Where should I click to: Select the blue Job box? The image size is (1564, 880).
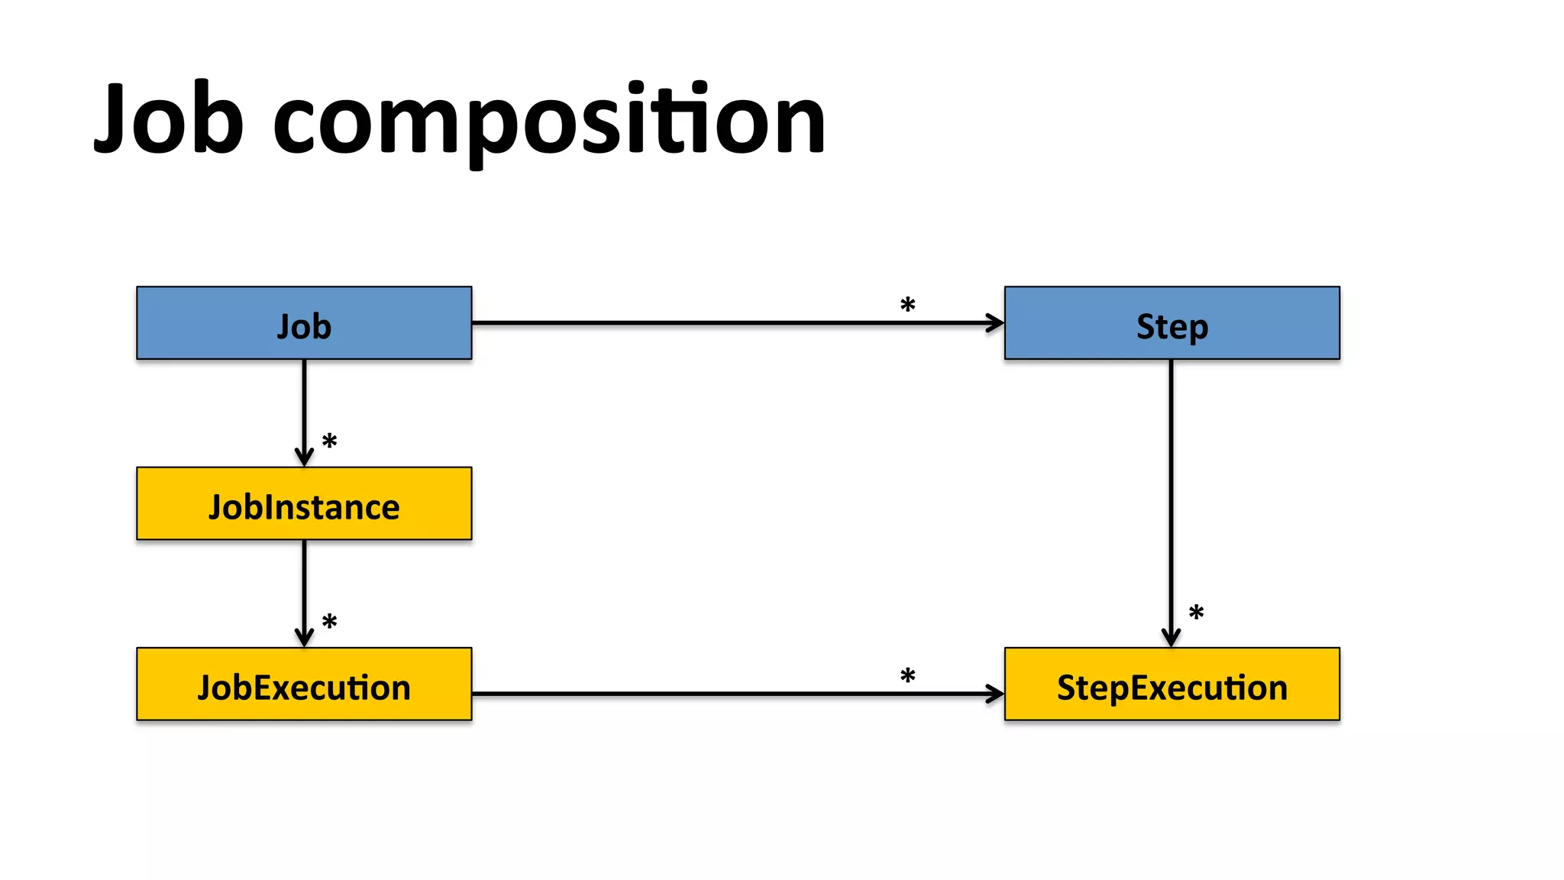click(304, 324)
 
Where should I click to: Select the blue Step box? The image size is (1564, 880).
click(1171, 324)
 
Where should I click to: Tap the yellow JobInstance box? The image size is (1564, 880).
click(304, 504)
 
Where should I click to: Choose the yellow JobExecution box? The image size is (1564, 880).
click(304, 684)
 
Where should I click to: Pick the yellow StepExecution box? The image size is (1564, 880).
click(1171, 684)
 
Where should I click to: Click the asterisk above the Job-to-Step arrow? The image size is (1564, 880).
click(907, 306)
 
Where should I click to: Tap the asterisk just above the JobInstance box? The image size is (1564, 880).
click(329, 442)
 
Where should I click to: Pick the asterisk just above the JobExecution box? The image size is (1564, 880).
click(329, 622)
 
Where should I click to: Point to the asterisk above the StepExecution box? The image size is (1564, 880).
click(1196, 613)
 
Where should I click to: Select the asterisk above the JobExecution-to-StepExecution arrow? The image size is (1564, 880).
click(907, 676)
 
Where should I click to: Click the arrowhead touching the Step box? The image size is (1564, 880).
click(995, 323)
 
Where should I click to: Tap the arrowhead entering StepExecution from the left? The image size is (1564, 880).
click(995, 694)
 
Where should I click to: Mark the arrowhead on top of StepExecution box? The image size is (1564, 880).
click(1171, 638)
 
